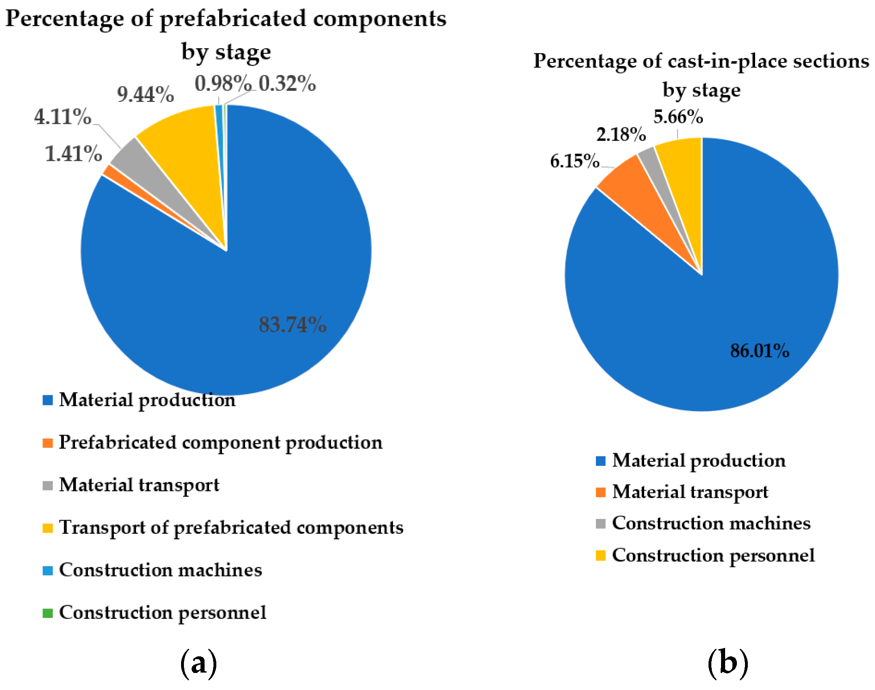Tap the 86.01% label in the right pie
click(760, 350)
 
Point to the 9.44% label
click(145, 94)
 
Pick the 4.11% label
click(62, 117)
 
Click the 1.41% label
click(73, 154)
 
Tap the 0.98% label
click(222, 84)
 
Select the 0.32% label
click(287, 84)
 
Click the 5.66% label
click(678, 117)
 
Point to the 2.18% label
click(621, 134)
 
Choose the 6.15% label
click(574, 161)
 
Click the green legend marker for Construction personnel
click(48, 613)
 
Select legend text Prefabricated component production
click(221, 442)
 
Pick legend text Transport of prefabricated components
click(231, 527)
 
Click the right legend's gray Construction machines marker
click(601, 523)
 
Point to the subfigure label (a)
click(198, 664)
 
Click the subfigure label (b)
click(728, 664)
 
